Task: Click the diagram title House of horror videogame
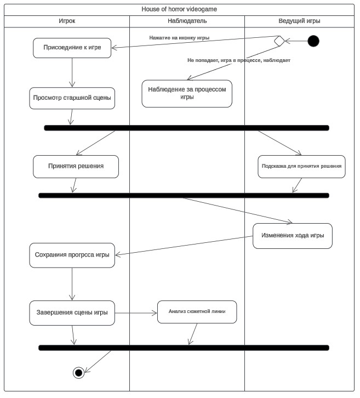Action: pyautogui.click(x=179, y=9)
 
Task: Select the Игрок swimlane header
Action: pyautogui.click(x=67, y=21)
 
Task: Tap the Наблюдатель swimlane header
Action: pyautogui.click(x=187, y=21)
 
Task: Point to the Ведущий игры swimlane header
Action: pyautogui.click(x=299, y=21)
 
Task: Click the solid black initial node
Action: pyautogui.click(x=313, y=41)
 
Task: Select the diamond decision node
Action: pyautogui.click(x=279, y=41)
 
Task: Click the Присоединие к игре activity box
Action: pyautogui.click(x=72, y=48)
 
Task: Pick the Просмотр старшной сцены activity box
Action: pyautogui.click(x=72, y=98)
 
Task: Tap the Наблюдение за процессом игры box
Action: pyautogui.click(x=187, y=94)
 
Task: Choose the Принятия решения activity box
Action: pyautogui.click(x=76, y=167)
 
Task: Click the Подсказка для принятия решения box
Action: pyautogui.click(x=302, y=167)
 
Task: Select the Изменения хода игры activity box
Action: pyautogui.click(x=293, y=236)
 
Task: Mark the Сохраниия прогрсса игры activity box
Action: pyautogui.click(x=72, y=255)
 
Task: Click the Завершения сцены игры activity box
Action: pyautogui.click(x=72, y=313)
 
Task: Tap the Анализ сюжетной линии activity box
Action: pyautogui.click(x=197, y=312)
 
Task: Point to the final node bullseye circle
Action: pyautogui.click(x=79, y=373)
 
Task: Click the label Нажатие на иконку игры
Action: pyautogui.click(x=179, y=38)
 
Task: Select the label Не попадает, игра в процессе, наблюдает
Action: pyautogui.click(x=239, y=60)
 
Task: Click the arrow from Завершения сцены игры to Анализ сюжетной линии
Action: pyautogui.click(x=136, y=313)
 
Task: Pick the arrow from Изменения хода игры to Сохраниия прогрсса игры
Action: pyautogui.click(x=184, y=246)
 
